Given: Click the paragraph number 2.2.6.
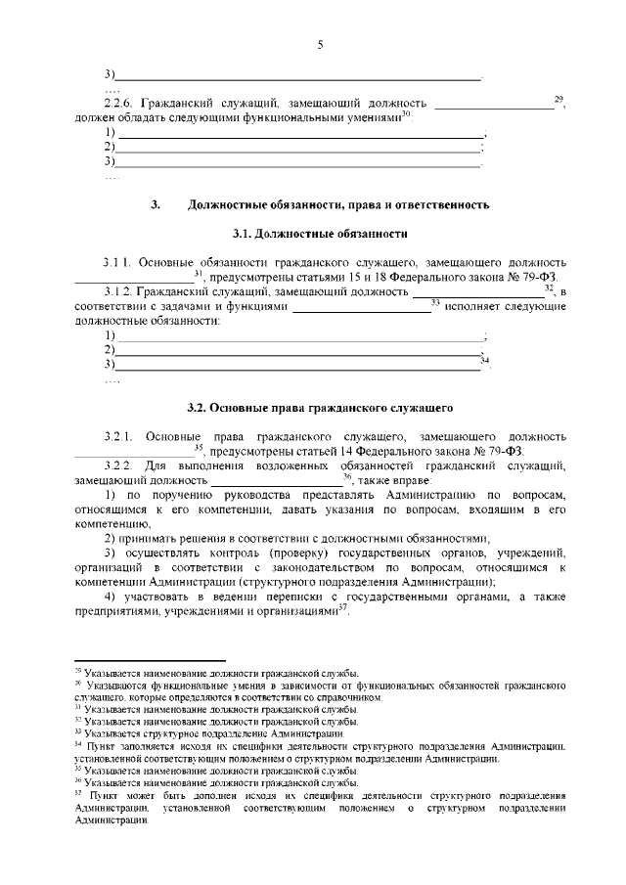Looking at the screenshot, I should pos(118,103).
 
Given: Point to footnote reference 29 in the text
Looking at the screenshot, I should pos(559,99).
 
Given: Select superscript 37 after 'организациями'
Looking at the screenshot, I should pos(342,607).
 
